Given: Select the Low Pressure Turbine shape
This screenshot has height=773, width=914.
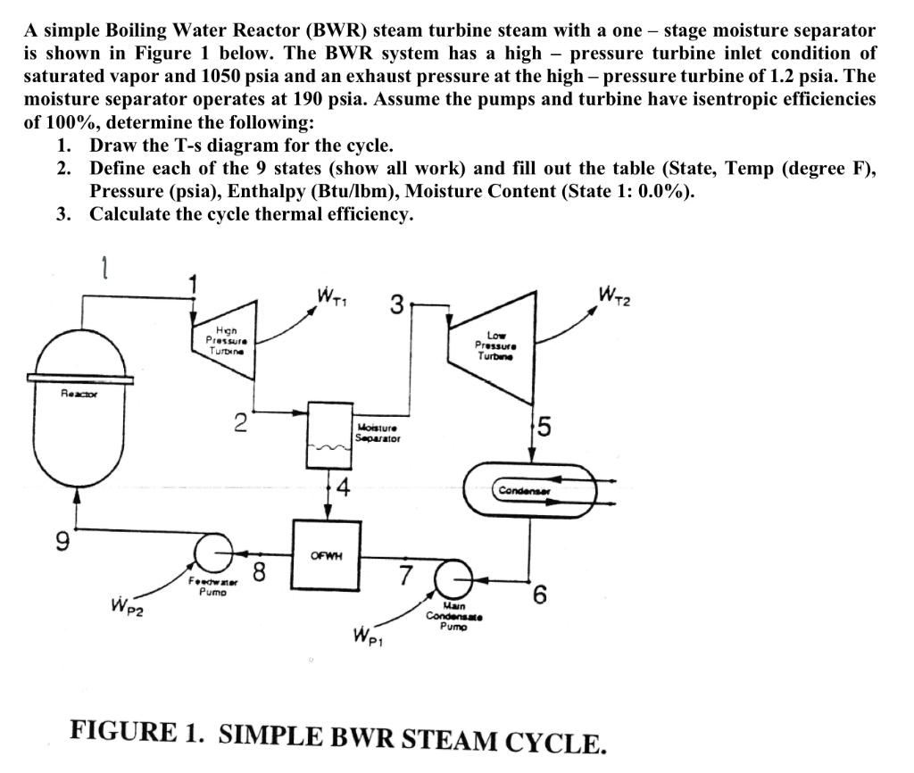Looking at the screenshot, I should (x=500, y=344).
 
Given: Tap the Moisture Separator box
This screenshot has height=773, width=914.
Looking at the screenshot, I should (x=330, y=434).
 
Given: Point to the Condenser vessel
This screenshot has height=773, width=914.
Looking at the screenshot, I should (x=527, y=490).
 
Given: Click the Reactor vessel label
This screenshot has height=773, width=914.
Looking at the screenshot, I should (x=79, y=393).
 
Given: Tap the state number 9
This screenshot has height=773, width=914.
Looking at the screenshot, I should (x=61, y=541).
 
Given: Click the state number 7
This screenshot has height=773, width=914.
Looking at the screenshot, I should (x=405, y=575).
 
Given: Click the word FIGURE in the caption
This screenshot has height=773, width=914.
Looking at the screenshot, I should (x=123, y=731).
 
